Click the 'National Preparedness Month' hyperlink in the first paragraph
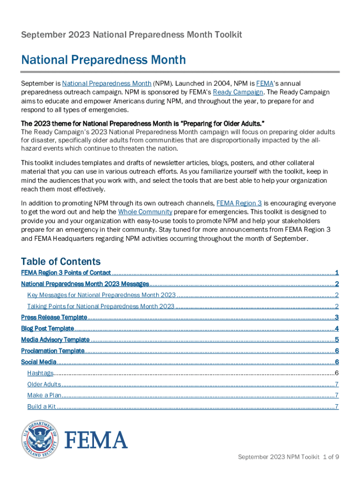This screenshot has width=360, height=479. click(x=107, y=84)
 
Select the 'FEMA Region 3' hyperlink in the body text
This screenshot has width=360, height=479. click(x=239, y=203)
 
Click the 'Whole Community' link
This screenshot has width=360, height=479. click(x=145, y=212)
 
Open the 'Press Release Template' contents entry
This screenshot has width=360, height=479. click(x=54, y=318)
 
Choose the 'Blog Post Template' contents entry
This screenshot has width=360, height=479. click(x=48, y=329)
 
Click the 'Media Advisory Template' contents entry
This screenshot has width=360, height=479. click(x=55, y=340)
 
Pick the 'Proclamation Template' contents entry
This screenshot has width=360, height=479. click(x=53, y=351)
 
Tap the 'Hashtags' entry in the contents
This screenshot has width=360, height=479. click(x=40, y=373)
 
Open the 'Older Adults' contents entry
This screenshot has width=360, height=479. click(x=44, y=385)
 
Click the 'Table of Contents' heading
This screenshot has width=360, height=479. click(x=61, y=261)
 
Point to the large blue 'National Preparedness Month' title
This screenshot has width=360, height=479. click(x=103, y=60)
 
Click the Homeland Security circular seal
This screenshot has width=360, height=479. click(x=40, y=439)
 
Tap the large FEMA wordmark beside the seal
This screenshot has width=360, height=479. click(x=95, y=440)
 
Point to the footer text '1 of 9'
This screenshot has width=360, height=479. click(x=331, y=457)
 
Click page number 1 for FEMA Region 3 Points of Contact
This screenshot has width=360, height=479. click(x=337, y=273)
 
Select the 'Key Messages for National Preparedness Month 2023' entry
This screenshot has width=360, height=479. click(x=101, y=295)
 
